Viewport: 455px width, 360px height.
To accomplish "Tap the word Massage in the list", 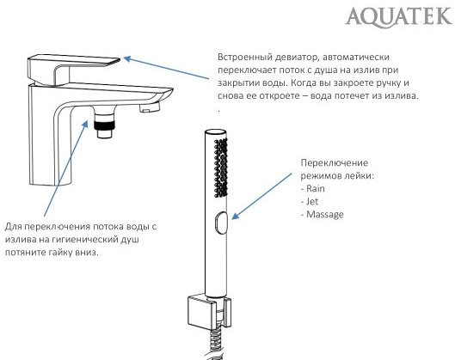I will (x=323, y=213).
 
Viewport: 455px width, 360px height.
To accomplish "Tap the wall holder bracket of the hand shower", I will (x=205, y=310).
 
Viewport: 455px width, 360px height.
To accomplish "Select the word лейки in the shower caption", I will (x=354, y=175).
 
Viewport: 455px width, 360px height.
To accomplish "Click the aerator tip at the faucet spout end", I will (x=152, y=107).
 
